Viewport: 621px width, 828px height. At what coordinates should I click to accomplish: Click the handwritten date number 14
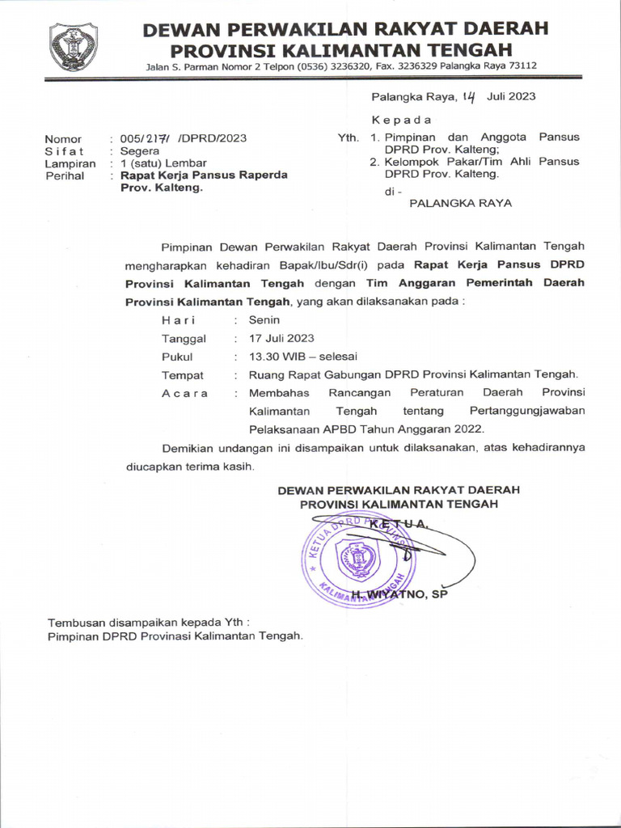click(x=470, y=97)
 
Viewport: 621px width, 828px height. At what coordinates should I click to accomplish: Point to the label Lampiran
click(x=70, y=163)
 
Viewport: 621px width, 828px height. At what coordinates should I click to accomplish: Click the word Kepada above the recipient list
click(x=402, y=120)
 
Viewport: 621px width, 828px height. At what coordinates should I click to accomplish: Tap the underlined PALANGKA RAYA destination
click(x=460, y=203)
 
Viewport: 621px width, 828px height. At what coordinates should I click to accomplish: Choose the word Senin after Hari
click(x=264, y=319)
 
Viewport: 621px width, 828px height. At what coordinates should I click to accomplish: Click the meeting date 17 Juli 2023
click(x=281, y=338)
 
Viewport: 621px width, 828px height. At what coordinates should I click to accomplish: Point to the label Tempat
click(x=183, y=375)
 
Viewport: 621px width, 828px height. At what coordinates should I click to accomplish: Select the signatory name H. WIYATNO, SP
click(x=399, y=595)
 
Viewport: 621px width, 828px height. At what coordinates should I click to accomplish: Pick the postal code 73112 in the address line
click(x=521, y=65)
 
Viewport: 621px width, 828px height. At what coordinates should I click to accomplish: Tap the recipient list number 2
click(x=374, y=161)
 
